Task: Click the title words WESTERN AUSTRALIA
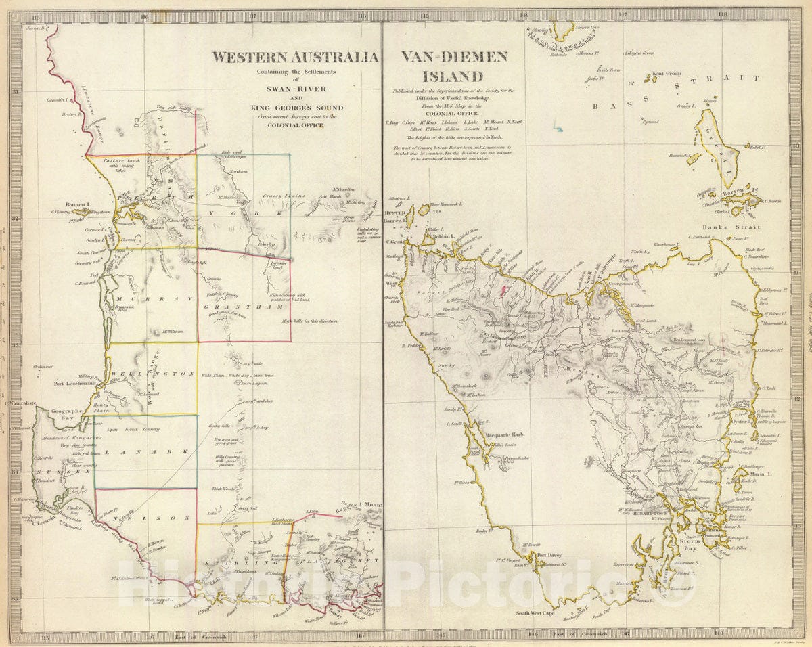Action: coord(295,57)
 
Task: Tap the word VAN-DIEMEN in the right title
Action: coord(454,57)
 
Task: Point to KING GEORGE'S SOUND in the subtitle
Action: coord(296,107)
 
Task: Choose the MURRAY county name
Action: coord(145,298)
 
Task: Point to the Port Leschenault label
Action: coord(74,383)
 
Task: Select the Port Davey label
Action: coord(549,556)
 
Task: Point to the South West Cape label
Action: coord(535,613)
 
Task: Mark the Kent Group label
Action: coord(667,74)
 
